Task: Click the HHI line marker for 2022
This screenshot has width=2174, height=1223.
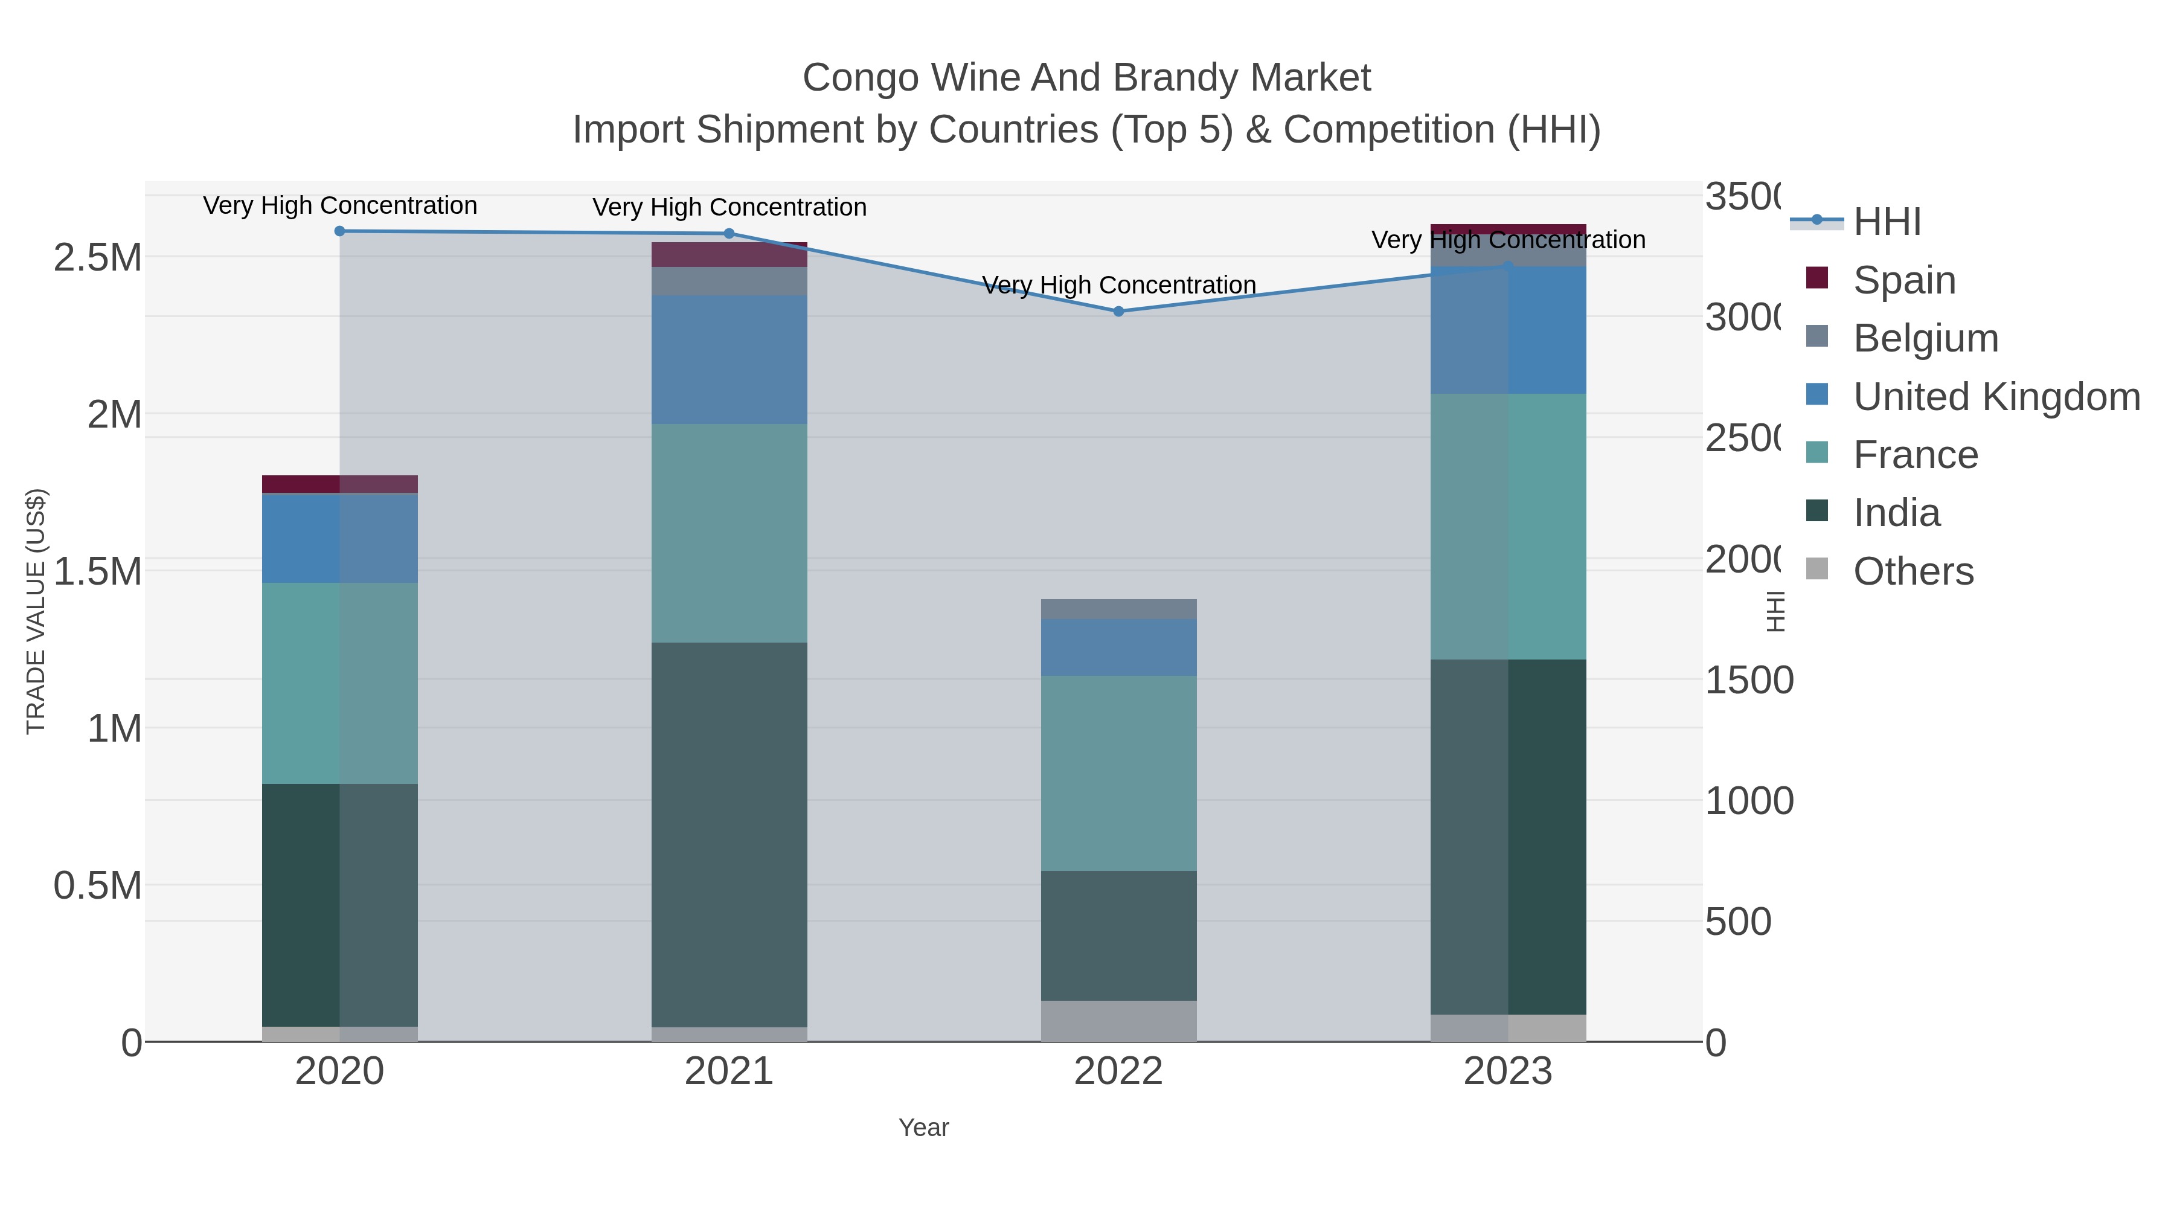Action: tap(1118, 312)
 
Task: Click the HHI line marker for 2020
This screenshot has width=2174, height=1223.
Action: tap(340, 231)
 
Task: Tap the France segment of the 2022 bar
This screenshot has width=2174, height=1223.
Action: tap(1118, 772)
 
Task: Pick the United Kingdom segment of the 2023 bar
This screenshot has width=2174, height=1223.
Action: tap(1508, 330)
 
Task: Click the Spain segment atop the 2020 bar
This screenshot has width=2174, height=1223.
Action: tap(340, 484)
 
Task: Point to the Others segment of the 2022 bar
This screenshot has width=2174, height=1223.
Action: tap(1118, 1021)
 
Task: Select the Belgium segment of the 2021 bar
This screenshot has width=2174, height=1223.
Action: tap(729, 281)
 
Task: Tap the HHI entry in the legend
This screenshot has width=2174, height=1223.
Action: tap(1887, 222)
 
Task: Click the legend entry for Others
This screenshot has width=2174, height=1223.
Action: tap(1913, 571)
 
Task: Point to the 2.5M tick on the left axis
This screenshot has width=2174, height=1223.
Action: tap(98, 257)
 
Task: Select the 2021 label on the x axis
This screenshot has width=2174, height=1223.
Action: tap(729, 1072)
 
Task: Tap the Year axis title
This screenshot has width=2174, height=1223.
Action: tap(923, 1128)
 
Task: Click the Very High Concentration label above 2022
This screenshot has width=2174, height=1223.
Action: tap(1118, 285)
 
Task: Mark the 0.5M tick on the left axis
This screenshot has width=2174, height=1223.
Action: tap(98, 886)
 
